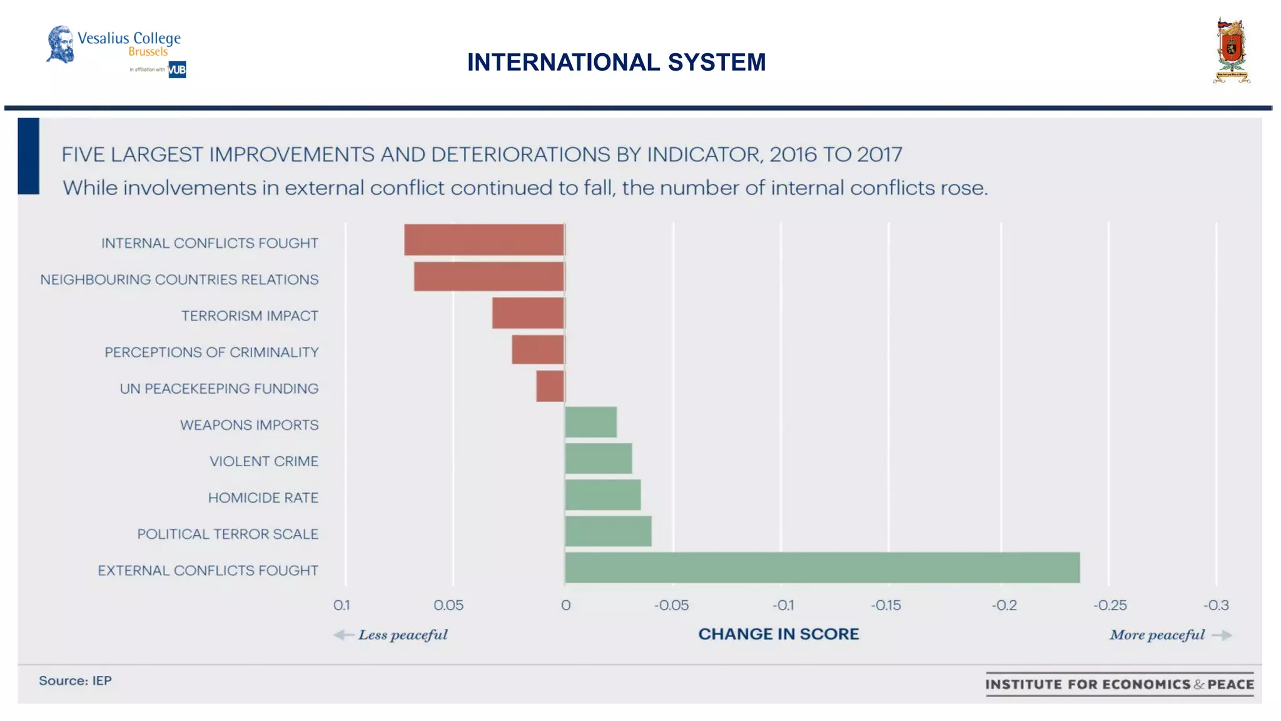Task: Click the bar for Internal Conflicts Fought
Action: click(x=484, y=240)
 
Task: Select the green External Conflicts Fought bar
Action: click(x=822, y=568)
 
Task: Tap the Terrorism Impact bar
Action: click(x=528, y=313)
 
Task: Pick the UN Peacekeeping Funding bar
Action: click(x=550, y=386)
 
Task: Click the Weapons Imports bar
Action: click(x=591, y=422)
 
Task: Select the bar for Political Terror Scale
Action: click(x=608, y=531)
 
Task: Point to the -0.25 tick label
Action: click(x=1110, y=605)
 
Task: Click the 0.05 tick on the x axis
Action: click(x=448, y=605)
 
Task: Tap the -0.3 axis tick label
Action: click(x=1216, y=605)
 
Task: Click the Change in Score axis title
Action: click(x=779, y=634)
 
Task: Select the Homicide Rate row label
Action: click(x=263, y=498)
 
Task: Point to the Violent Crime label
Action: click(x=264, y=461)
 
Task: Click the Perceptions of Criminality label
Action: click(x=211, y=352)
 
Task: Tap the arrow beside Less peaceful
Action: click(x=343, y=635)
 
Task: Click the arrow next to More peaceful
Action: click(x=1222, y=635)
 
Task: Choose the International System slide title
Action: click(x=616, y=62)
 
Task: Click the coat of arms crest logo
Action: click(x=1231, y=51)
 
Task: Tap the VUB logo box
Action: click(x=177, y=69)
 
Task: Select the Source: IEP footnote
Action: click(x=75, y=680)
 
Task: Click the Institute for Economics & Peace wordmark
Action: click(x=1120, y=684)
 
